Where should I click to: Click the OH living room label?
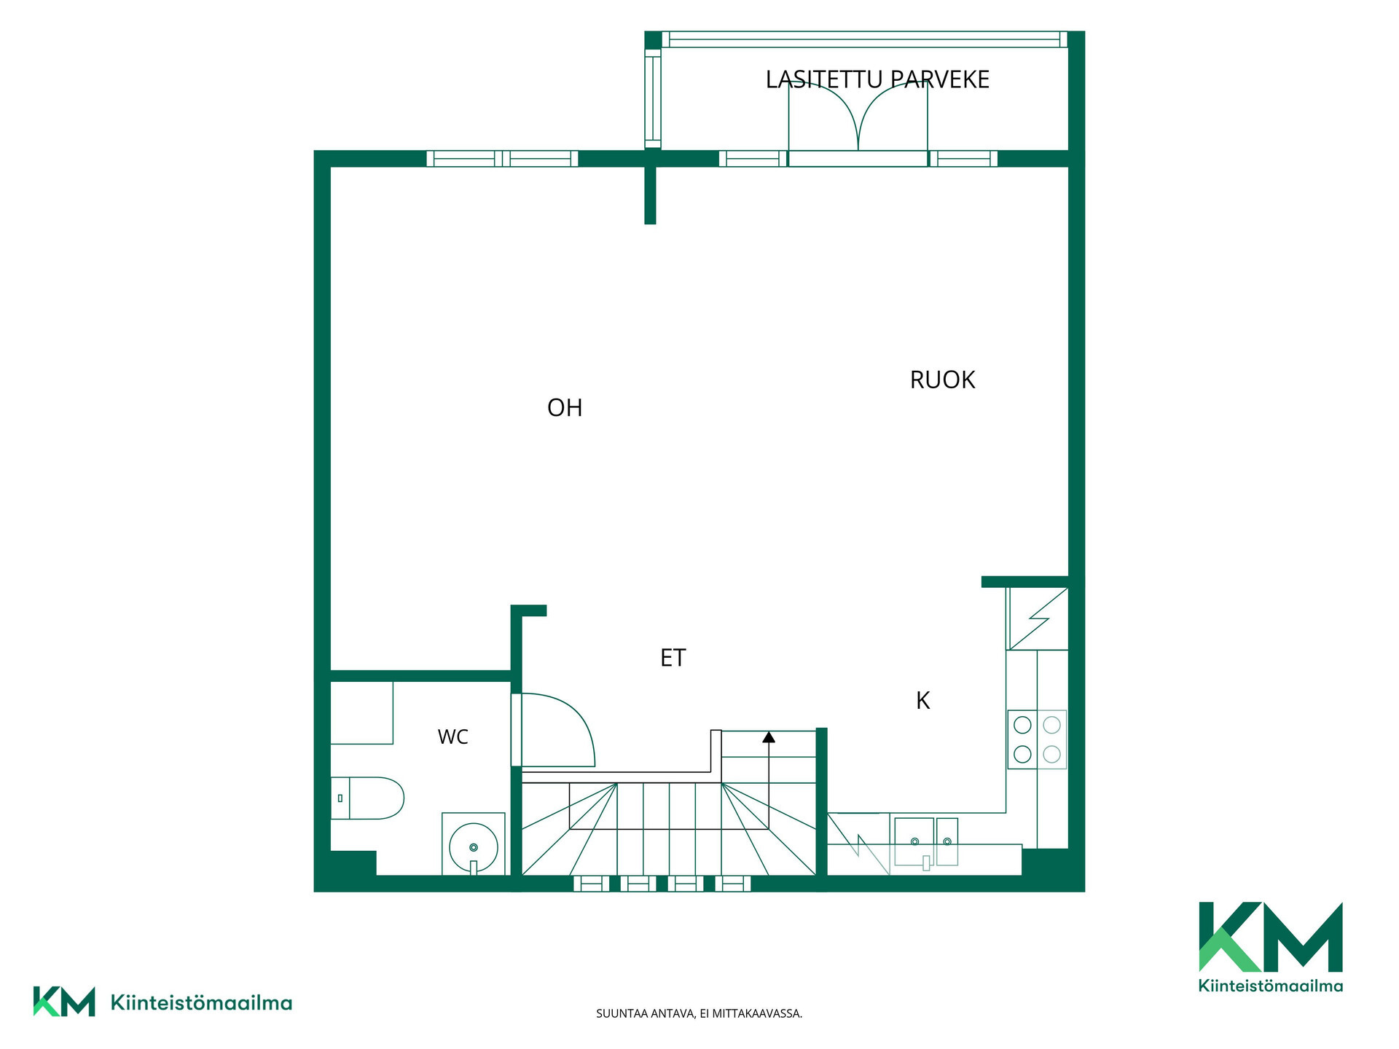[x=565, y=408]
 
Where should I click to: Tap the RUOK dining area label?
[x=942, y=380]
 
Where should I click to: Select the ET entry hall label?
[x=673, y=658]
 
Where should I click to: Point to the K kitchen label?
[x=922, y=701]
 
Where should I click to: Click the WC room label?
[x=452, y=737]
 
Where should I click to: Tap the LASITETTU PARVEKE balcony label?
[x=877, y=79]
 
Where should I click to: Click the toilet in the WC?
[x=367, y=798]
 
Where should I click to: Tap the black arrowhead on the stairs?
[x=769, y=737]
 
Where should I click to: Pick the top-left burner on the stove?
[x=1022, y=725]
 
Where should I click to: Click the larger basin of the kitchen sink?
[x=914, y=841]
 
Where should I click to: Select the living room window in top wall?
[x=502, y=159]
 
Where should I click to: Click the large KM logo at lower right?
[x=1271, y=947]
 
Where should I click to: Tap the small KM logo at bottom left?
[x=162, y=1002]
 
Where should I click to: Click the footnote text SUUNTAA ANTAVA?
[x=646, y=1013]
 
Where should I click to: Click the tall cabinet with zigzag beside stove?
[x=1037, y=618]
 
